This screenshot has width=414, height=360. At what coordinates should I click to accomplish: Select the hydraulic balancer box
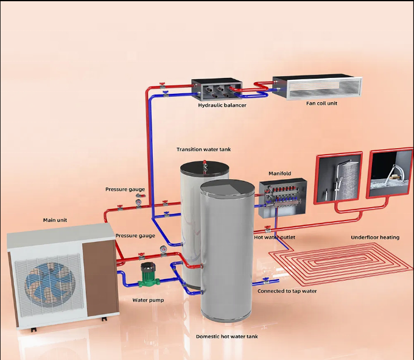click(x=216, y=90)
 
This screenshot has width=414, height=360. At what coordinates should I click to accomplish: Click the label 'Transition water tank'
click(x=204, y=149)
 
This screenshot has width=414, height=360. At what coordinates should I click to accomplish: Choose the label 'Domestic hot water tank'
click(x=226, y=336)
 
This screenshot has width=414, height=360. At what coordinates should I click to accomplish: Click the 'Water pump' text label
click(x=148, y=300)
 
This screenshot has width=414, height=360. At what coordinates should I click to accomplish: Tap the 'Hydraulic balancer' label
click(x=222, y=105)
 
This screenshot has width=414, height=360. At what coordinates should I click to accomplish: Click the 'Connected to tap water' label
click(x=287, y=291)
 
